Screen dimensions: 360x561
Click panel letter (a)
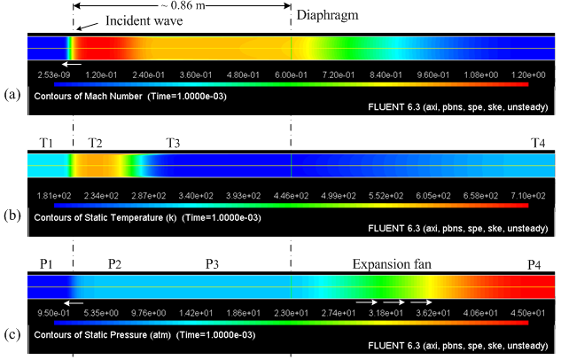coord(12,93)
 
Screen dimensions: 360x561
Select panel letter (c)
coord(12,334)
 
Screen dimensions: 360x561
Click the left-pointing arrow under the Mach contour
coord(73,65)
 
